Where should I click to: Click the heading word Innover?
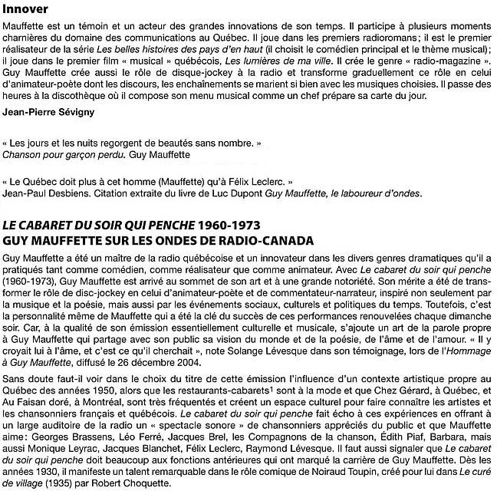pyautogui.click(x=25, y=10)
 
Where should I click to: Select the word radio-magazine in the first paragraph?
pyautogui.click(x=442, y=59)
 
